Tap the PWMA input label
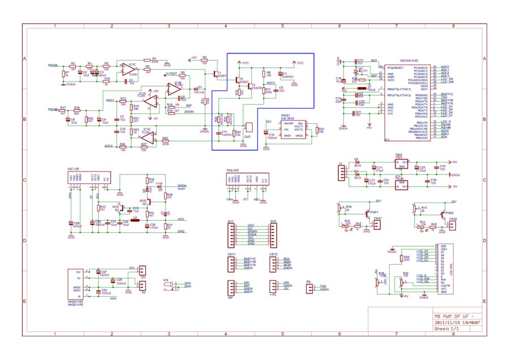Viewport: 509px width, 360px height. pyautogui.click(x=53, y=66)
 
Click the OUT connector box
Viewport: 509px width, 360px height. pyautogui.click(x=248, y=127)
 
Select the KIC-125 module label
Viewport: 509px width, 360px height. pyautogui.click(x=73, y=169)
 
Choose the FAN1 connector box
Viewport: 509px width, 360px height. pyautogui.click(x=378, y=225)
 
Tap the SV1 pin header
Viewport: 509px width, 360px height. pyautogui.click(x=231, y=233)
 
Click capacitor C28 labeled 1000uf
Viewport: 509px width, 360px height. pyautogui.click(x=70, y=224)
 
